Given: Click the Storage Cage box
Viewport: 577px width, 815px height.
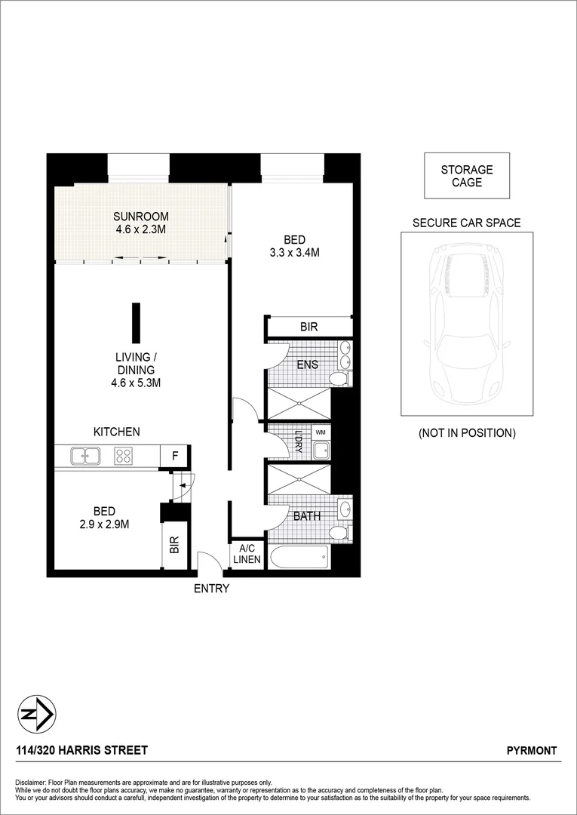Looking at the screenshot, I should [467, 176].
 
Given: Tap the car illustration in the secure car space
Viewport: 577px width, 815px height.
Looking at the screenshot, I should [467, 323].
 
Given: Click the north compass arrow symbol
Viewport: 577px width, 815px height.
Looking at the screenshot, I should [36, 714].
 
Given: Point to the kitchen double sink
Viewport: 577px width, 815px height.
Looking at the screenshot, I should [85, 456].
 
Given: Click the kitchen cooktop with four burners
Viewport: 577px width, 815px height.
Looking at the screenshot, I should [124, 456].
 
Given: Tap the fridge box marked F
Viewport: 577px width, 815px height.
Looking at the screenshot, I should [175, 456].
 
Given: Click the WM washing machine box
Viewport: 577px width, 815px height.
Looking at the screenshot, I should [321, 432].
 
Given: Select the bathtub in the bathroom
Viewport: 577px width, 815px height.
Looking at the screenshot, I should [300, 558].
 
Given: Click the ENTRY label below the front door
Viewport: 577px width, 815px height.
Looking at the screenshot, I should [211, 589].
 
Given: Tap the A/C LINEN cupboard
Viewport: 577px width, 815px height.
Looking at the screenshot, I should [247, 555].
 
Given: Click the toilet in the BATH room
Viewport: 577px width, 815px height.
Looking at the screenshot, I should [341, 534].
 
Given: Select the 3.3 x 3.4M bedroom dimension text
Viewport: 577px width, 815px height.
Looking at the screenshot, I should [295, 254].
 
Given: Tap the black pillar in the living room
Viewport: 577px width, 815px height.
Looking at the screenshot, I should [136, 323].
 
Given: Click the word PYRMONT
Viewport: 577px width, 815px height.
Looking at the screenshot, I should [532, 751].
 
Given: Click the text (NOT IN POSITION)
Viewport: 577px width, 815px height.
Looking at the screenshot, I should [467, 433].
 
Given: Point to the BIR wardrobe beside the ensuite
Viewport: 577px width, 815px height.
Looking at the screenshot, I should [308, 327].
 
